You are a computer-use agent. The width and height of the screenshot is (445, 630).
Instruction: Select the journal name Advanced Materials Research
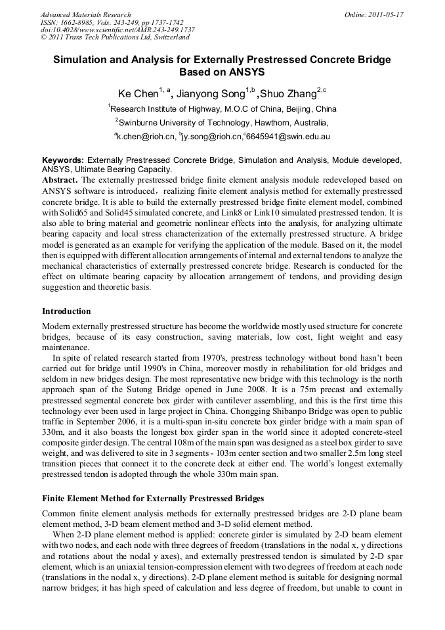tap(85, 14)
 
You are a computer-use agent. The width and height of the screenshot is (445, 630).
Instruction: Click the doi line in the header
tap(117, 30)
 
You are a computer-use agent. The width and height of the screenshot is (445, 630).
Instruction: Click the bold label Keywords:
tap(63, 160)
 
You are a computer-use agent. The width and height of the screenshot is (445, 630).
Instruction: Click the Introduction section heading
tap(66, 311)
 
